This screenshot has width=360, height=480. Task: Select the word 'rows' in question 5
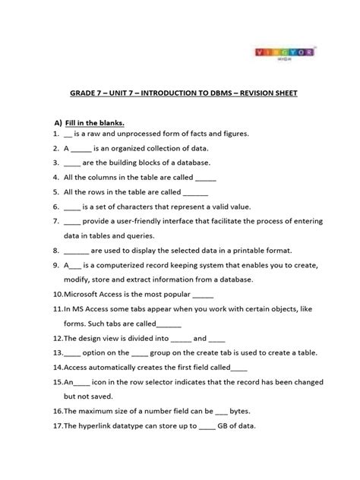95,191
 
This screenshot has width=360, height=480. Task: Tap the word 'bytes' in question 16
245,411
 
